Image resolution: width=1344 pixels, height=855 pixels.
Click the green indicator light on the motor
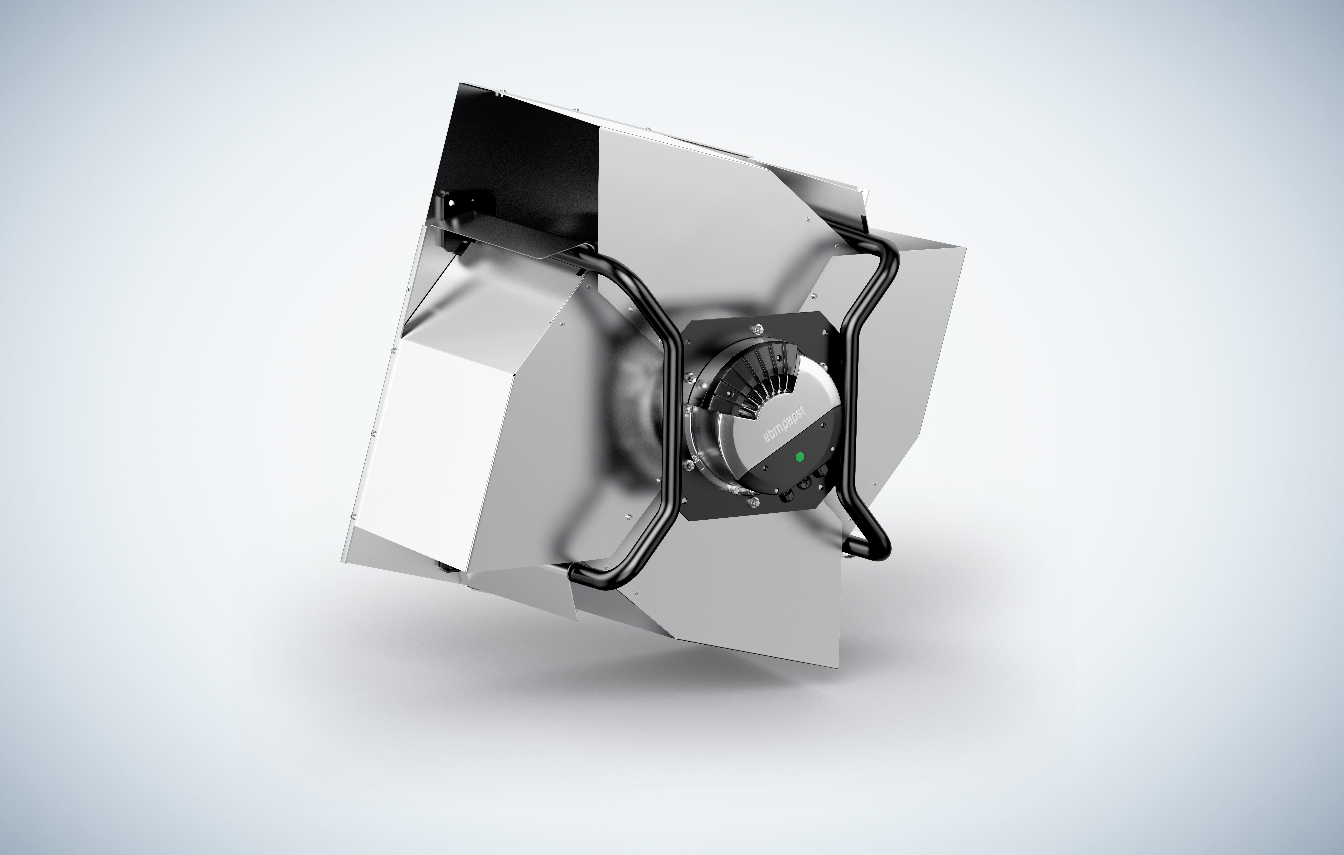click(x=800, y=458)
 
